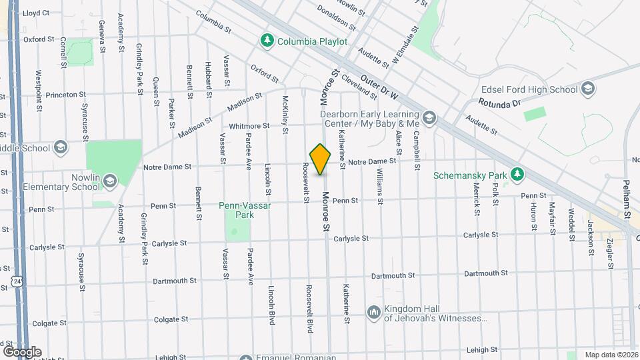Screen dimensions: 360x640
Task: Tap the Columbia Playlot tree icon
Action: click(x=267, y=41)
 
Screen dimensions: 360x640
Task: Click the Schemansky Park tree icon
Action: click(x=517, y=175)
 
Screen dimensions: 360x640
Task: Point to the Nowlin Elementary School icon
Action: click(x=109, y=180)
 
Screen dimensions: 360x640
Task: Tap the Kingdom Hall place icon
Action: click(x=373, y=312)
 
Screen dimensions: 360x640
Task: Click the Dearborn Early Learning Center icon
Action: click(x=429, y=118)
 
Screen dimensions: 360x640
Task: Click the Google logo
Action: click(x=22, y=351)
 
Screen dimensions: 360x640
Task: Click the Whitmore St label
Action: click(x=249, y=125)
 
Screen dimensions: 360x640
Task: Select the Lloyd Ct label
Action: click(x=36, y=13)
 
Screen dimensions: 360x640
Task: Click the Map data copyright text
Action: click(x=611, y=355)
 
